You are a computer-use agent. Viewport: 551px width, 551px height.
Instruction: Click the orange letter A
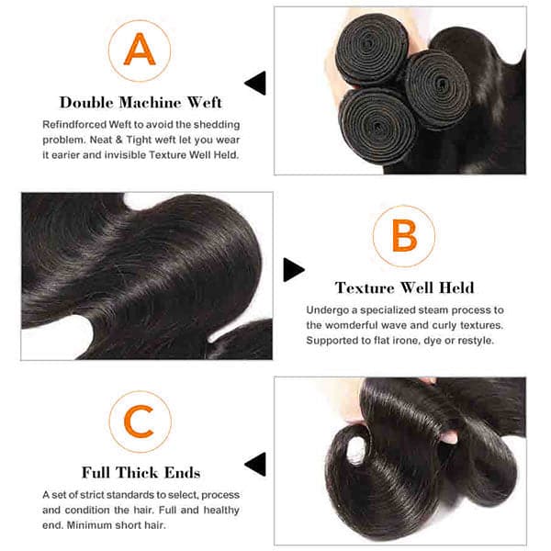click(x=140, y=50)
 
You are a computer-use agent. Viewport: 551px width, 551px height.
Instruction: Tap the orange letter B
click(x=404, y=235)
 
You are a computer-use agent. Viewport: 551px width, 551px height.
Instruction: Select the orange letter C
click(x=140, y=422)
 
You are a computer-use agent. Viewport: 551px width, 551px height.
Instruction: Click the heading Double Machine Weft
click(x=141, y=103)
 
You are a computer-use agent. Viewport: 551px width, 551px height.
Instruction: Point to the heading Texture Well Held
click(x=404, y=287)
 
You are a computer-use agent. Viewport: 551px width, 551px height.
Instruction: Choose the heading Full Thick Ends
click(x=141, y=473)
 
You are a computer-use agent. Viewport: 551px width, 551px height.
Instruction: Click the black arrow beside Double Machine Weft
click(x=255, y=83)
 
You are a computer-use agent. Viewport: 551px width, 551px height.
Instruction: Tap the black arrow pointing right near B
click(x=294, y=270)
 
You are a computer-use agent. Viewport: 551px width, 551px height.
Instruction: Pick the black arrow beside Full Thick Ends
click(x=255, y=464)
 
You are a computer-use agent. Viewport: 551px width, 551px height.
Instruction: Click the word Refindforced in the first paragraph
click(x=74, y=124)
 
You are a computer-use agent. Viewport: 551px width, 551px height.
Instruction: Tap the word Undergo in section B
click(x=327, y=310)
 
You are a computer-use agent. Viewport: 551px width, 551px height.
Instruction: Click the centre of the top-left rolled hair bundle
click(x=371, y=49)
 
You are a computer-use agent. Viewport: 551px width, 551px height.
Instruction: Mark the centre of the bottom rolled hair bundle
click(x=377, y=126)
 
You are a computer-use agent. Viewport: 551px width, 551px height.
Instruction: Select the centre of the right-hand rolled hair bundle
click(x=437, y=88)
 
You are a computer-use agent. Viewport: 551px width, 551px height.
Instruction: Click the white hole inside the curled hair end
click(x=356, y=450)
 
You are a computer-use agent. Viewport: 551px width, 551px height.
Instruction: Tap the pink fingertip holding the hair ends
click(x=449, y=437)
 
